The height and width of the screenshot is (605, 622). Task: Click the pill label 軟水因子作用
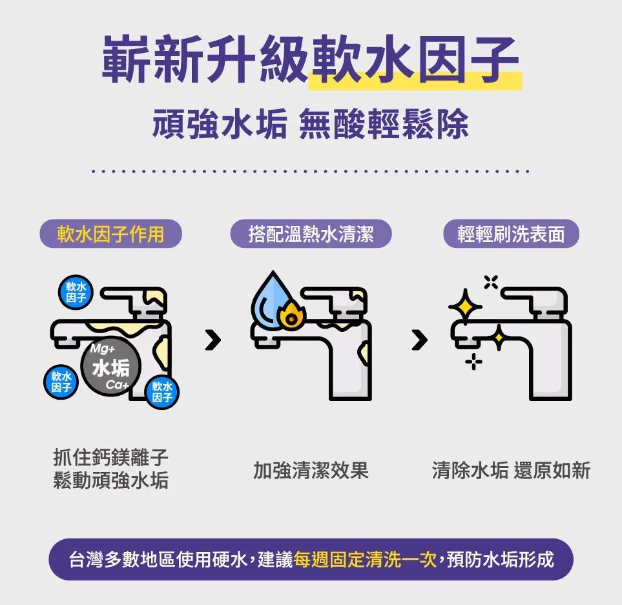click(110, 234)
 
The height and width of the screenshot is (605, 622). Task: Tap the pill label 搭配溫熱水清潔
click(311, 234)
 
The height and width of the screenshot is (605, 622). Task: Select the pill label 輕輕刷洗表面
click(511, 234)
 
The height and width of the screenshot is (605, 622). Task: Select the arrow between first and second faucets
click(213, 338)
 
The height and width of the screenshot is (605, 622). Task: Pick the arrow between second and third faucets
click(420, 338)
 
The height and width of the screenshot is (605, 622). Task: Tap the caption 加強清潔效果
click(311, 471)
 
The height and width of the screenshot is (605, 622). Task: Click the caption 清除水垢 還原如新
click(511, 471)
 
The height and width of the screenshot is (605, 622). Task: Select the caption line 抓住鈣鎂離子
click(110, 458)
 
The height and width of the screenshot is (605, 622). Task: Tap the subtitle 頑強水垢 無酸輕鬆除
click(311, 123)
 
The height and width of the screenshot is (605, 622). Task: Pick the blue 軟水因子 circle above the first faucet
click(76, 292)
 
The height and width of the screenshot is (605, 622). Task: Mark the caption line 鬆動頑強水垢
click(110, 481)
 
